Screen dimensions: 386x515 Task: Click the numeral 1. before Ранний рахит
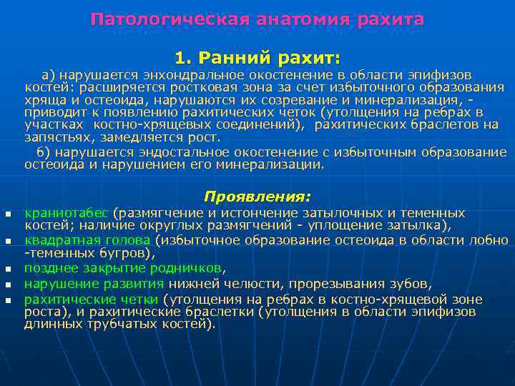tap(184, 56)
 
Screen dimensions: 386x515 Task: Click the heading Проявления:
tap(257, 195)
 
